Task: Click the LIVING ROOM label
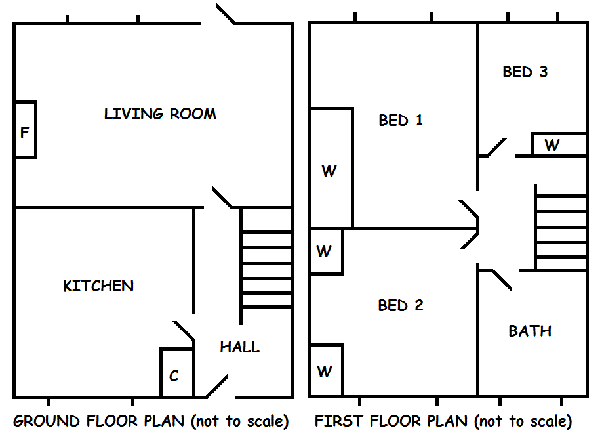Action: tap(160, 114)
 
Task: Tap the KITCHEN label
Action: tap(98, 286)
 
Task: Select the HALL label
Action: tap(239, 347)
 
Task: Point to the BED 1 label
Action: tap(401, 120)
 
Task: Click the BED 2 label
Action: tap(401, 305)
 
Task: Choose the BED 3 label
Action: tap(525, 72)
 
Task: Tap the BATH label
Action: tap(530, 331)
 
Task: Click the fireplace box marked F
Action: tap(25, 130)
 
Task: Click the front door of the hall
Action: tap(217, 387)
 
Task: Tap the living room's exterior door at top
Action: tap(225, 14)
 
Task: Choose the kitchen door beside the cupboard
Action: tap(184, 331)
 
